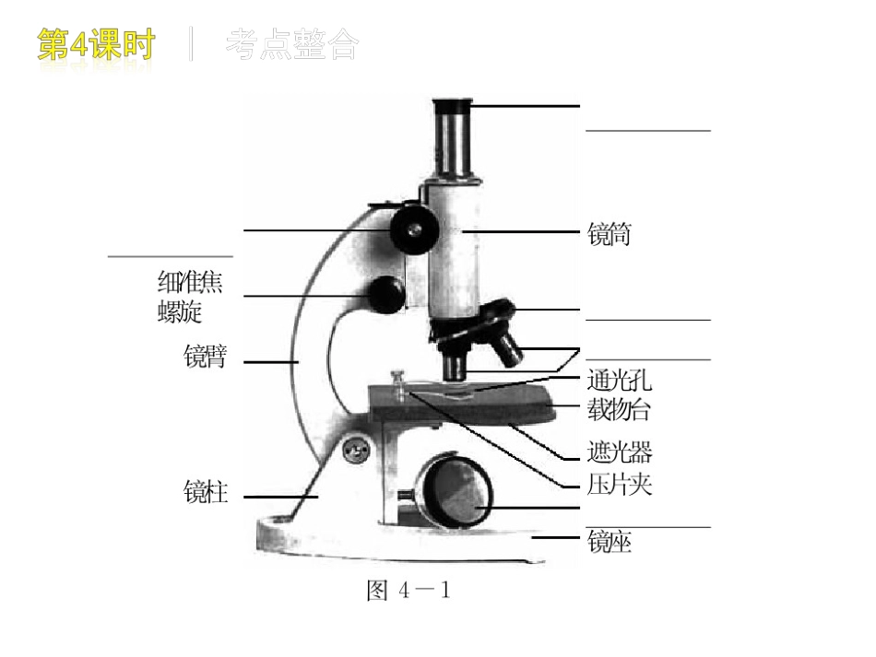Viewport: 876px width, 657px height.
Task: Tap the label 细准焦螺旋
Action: (x=190, y=297)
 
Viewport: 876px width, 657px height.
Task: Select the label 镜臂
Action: (x=205, y=357)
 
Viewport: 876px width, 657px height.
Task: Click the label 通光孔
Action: (x=619, y=381)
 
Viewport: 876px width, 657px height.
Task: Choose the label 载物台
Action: (x=619, y=408)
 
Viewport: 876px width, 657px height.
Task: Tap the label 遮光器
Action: (x=619, y=452)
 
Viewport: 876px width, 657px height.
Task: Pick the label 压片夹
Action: (x=619, y=484)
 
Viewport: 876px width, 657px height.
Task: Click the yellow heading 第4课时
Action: (x=97, y=45)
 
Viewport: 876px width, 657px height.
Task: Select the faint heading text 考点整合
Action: (x=290, y=45)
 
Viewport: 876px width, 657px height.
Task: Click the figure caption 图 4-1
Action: (x=408, y=591)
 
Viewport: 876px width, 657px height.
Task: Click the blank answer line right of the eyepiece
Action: (x=647, y=131)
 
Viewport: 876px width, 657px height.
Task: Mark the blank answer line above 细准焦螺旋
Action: (x=171, y=256)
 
